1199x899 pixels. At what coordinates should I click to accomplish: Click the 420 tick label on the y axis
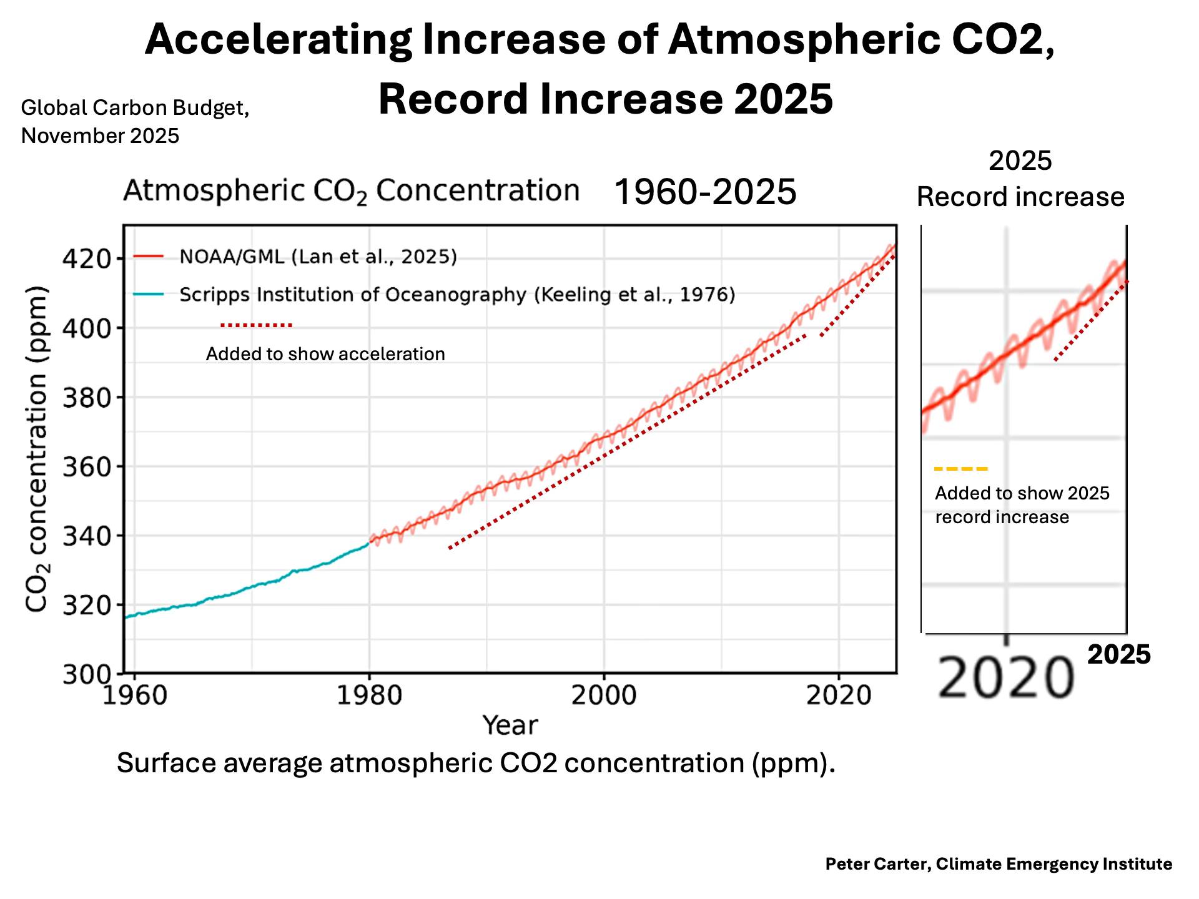86,258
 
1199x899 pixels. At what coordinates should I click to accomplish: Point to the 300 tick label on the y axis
86,674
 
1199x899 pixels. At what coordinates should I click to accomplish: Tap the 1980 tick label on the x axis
369,695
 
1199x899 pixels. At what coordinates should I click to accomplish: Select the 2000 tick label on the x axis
604,695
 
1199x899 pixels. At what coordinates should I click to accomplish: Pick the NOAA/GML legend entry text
318,257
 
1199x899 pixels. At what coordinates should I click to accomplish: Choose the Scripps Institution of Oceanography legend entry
457,294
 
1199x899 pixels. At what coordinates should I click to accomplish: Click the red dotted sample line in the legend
256,325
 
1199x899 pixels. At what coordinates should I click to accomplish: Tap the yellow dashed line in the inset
961,468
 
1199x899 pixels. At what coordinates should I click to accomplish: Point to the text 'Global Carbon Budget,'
135,107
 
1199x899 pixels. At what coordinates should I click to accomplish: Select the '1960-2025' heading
705,192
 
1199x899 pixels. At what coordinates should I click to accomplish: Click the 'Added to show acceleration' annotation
325,354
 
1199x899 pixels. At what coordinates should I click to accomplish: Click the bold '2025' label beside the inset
1118,655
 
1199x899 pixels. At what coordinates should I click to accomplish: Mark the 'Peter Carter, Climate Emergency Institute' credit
999,864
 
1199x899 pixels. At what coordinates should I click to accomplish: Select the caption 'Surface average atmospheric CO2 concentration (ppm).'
476,763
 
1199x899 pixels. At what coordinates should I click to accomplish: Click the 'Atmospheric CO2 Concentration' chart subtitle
352,190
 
